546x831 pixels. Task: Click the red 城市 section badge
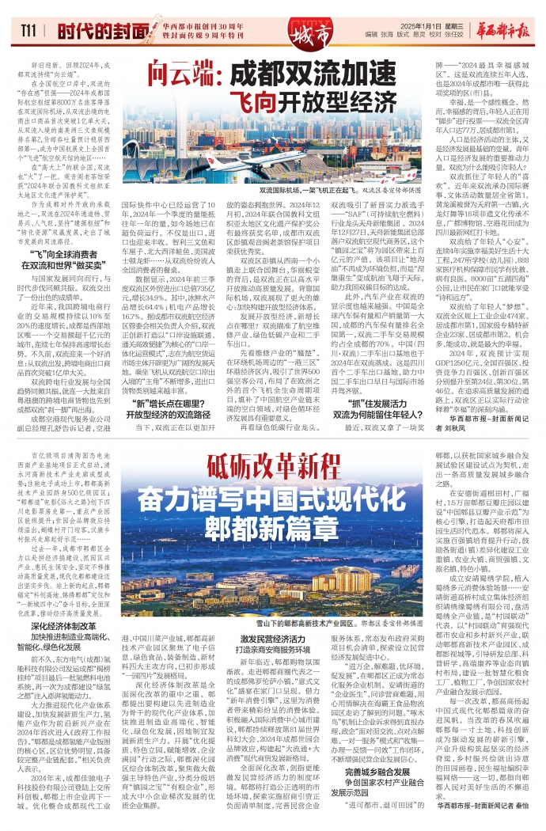[305, 33]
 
